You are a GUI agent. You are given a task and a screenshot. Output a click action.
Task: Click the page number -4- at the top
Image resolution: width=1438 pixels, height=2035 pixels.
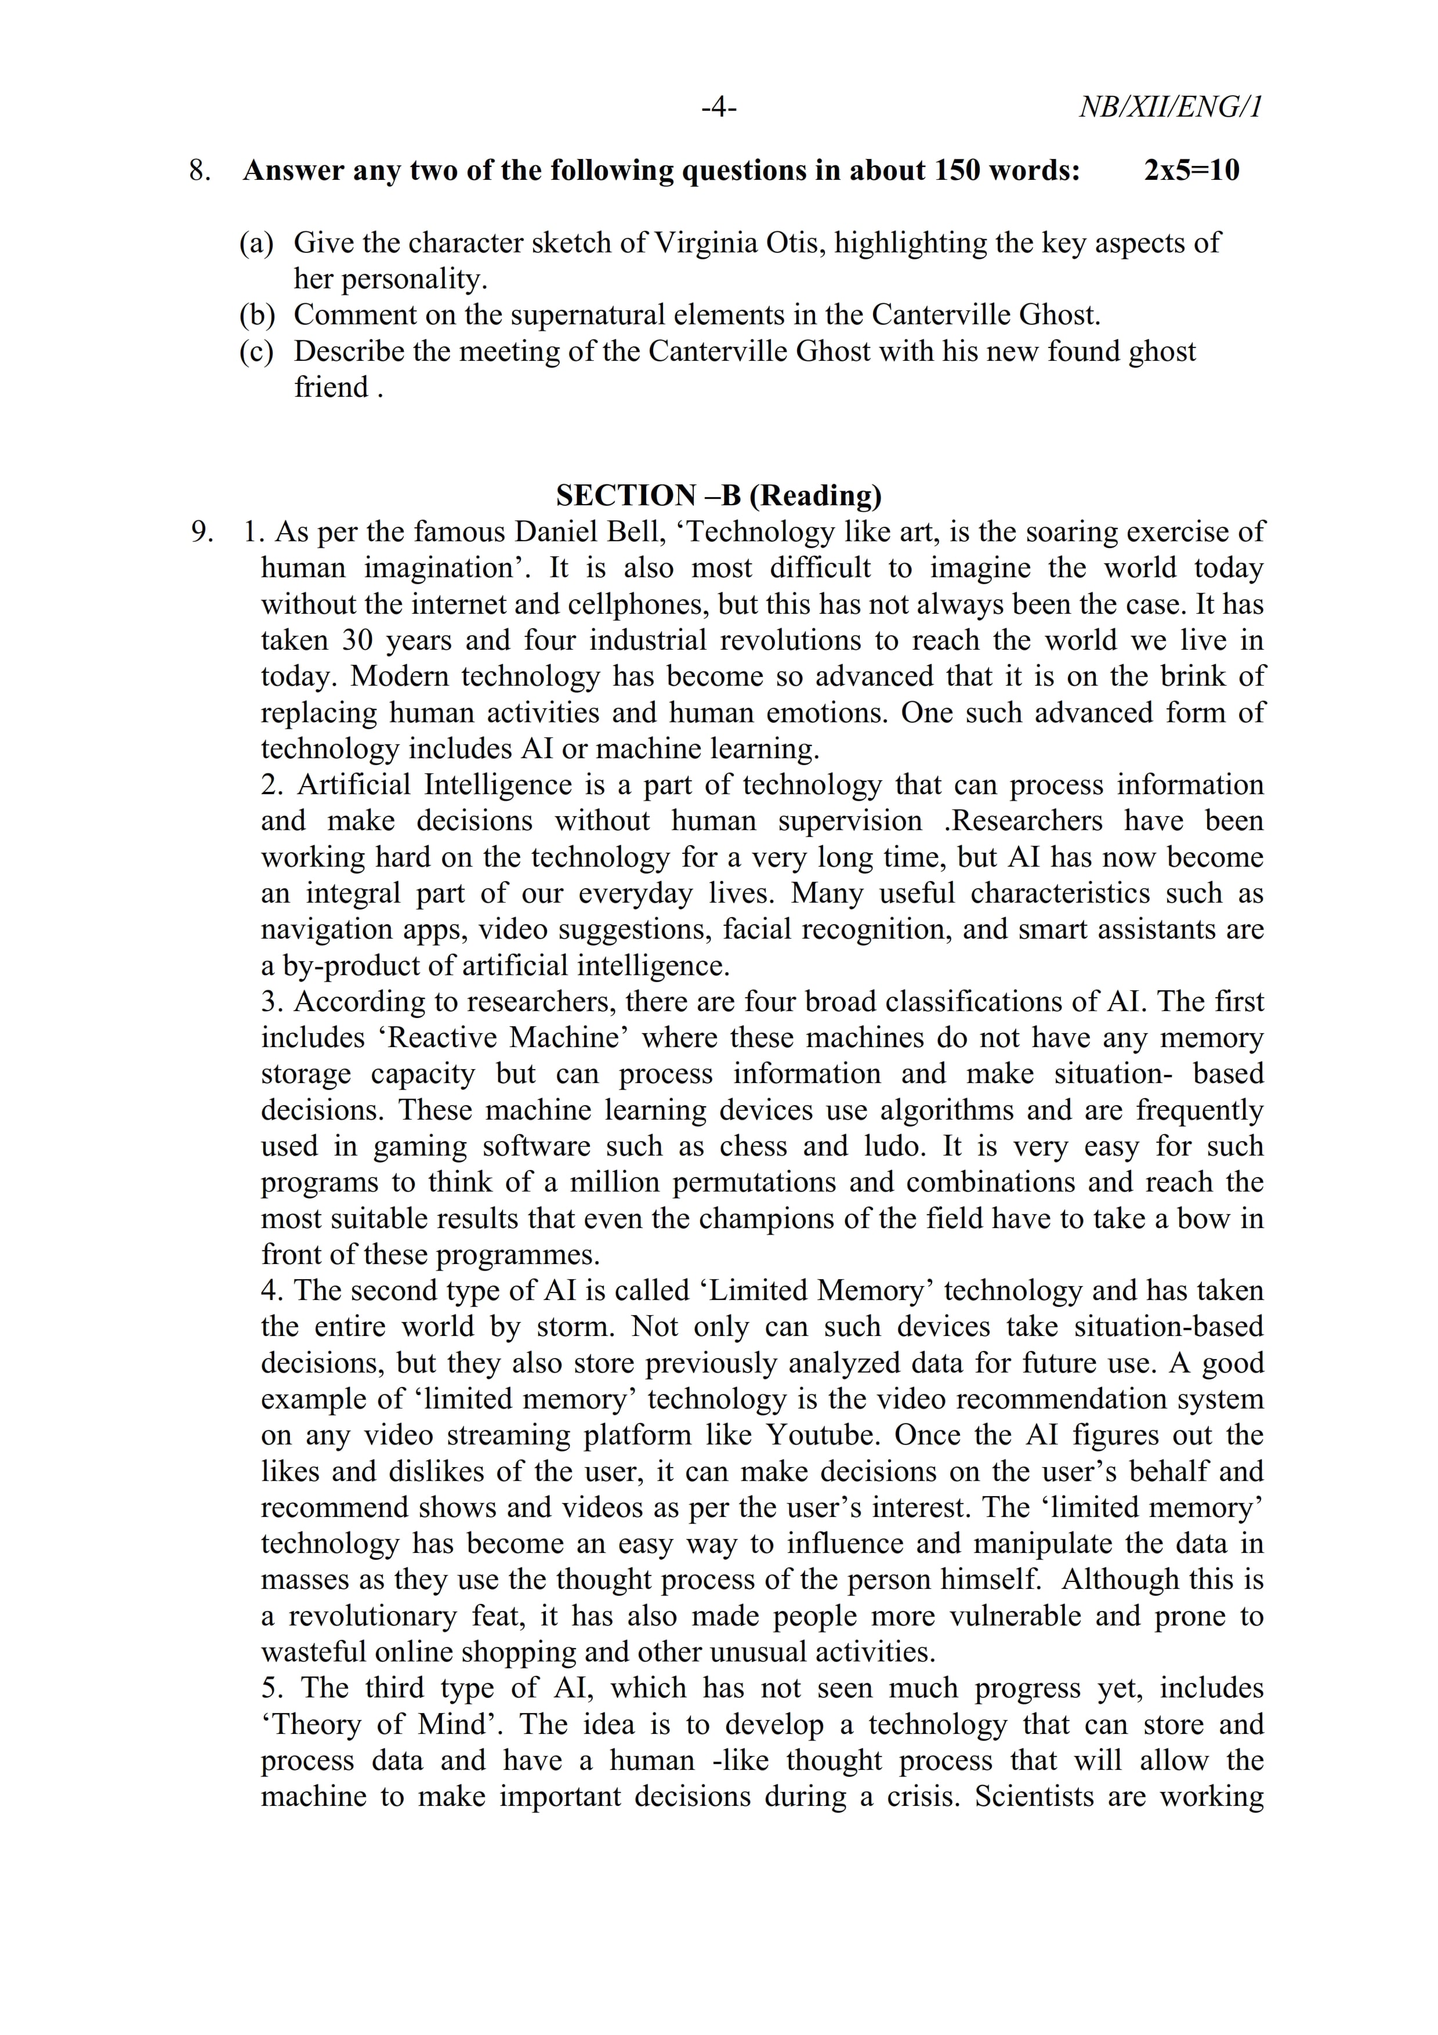click(x=719, y=108)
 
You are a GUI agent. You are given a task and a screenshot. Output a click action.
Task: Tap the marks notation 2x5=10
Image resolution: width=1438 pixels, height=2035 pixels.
click(x=1191, y=170)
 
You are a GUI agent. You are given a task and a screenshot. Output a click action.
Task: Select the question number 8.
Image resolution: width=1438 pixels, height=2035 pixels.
click(x=200, y=170)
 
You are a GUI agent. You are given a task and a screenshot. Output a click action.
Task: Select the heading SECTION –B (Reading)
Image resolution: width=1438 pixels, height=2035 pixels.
click(x=719, y=495)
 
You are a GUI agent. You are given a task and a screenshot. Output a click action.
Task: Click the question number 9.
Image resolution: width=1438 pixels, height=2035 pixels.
click(x=202, y=532)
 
